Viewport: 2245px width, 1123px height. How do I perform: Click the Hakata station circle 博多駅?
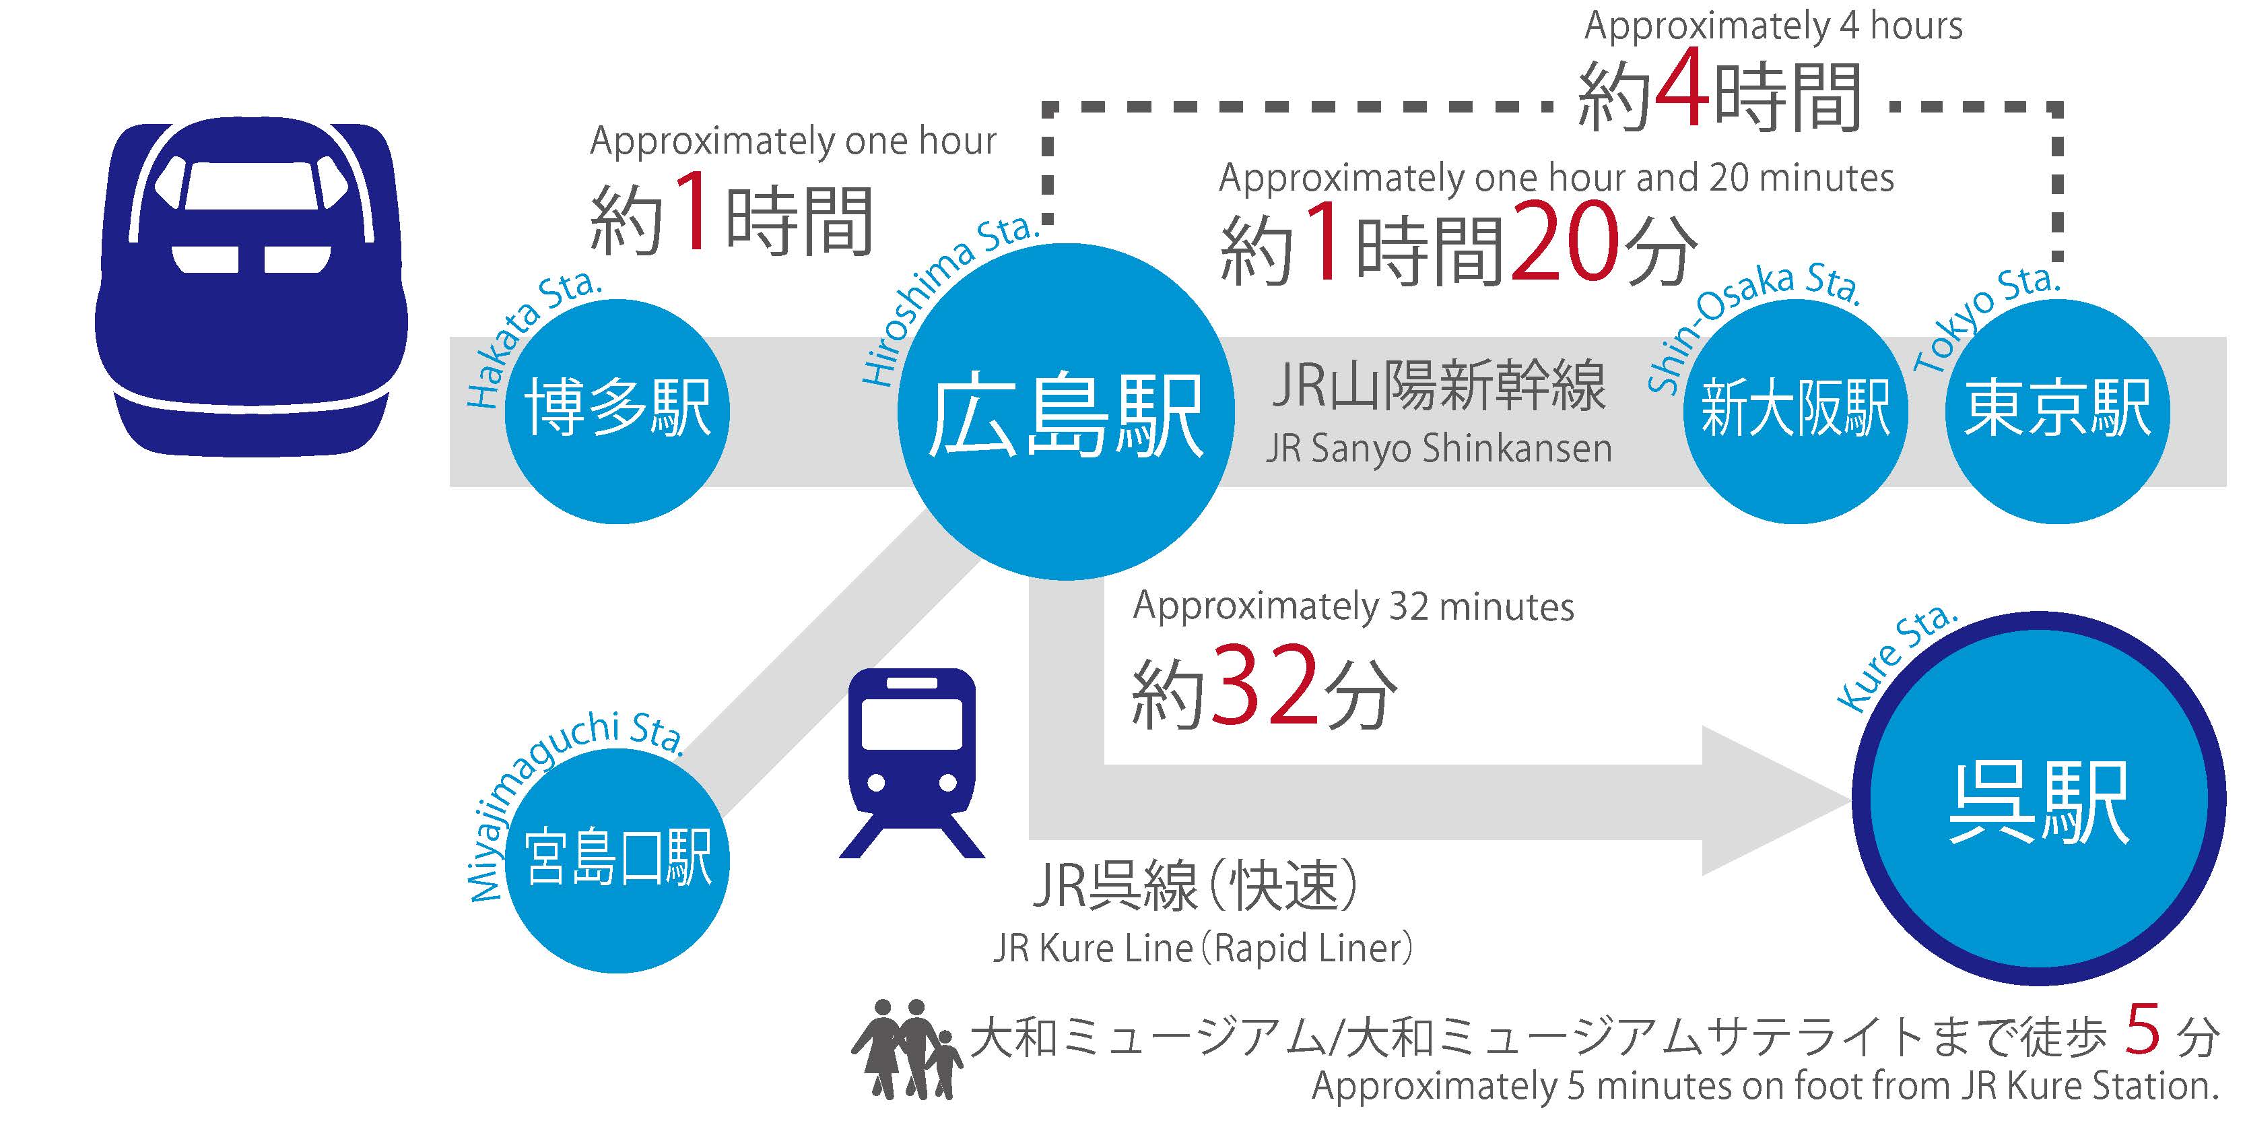click(x=617, y=411)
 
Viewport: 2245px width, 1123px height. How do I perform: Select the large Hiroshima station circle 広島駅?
click(x=1065, y=412)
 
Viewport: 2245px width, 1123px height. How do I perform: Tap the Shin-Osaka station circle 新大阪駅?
click(x=1795, y=411)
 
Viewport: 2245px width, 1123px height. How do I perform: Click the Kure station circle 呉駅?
click(x=2038, y=799)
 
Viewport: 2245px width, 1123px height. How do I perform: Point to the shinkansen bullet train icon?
click(x=251, y=288)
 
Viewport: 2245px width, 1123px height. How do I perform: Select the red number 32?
click(x=1265, y=687)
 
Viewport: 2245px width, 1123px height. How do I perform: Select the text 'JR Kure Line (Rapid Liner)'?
click(x=1203, y=949)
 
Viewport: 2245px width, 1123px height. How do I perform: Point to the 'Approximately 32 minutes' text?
click(x=1353, y=607)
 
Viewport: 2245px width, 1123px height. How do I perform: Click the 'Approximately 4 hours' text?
click(x=1773, y=26)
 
